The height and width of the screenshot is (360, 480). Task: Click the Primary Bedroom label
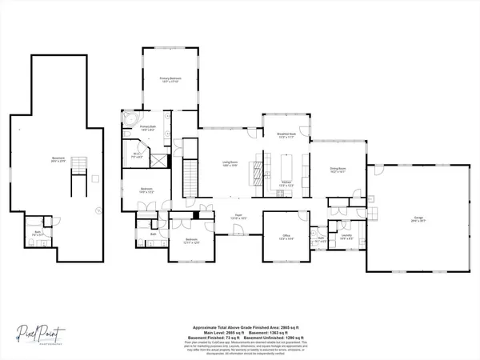coord(170,80)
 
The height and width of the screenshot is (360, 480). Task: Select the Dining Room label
coord(337,170)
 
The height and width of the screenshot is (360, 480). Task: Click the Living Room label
coord(231,164)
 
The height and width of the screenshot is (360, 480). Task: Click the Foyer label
coord(238,217)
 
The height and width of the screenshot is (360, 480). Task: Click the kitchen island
coord(286,166)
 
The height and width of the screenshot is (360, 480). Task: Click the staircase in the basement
coord(78,172)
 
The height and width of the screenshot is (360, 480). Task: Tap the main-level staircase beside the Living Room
coord(190,172)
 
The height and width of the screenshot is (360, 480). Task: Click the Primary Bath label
coord(149,129)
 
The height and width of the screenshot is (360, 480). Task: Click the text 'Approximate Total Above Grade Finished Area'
coord(240,327)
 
